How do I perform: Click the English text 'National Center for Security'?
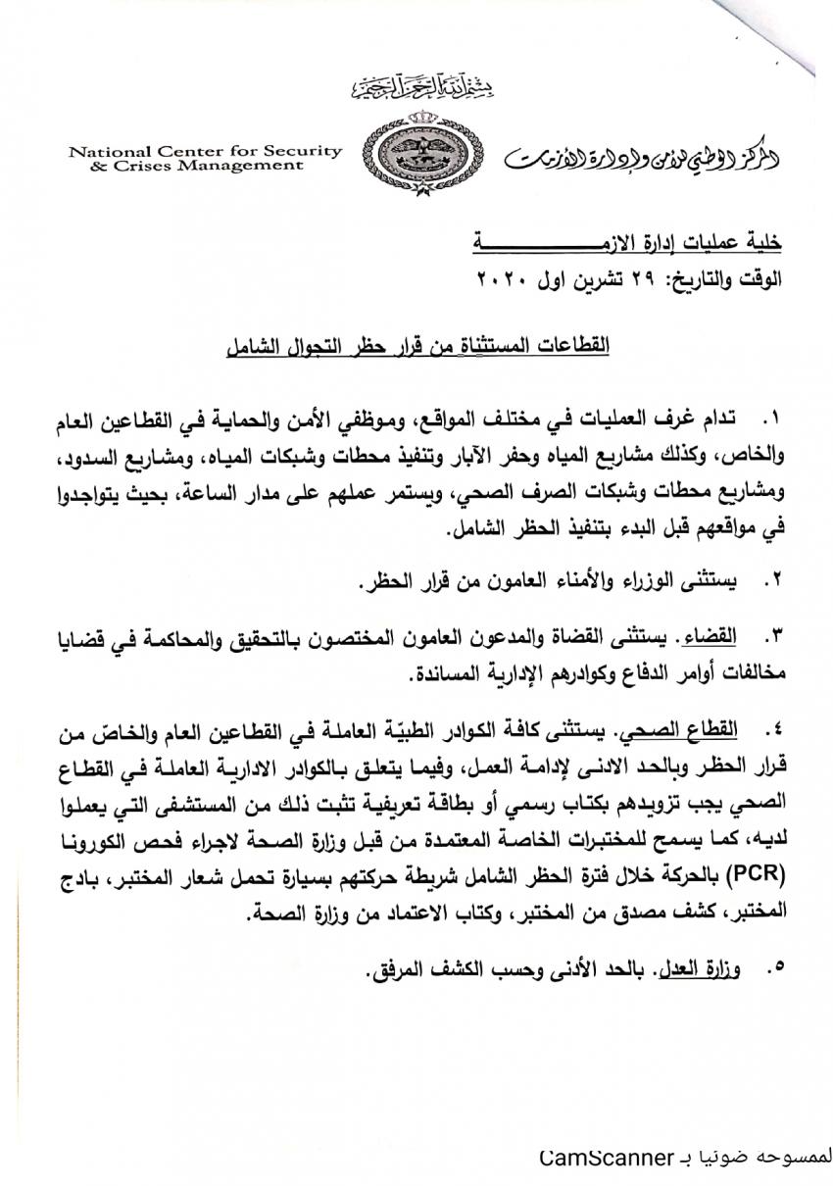pyautogui.click(x=205, y=151)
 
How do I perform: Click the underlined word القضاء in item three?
pyautogui.click(x=716, y=637)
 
